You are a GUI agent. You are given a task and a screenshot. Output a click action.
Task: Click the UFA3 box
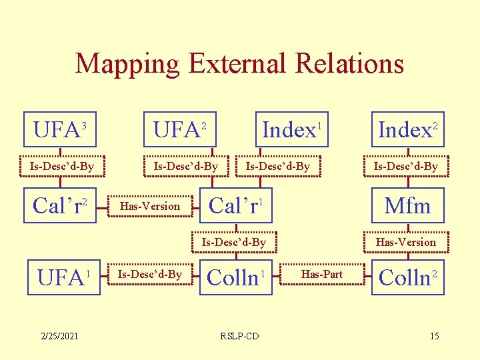point(61,129)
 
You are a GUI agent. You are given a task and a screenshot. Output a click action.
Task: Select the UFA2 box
point(181,129)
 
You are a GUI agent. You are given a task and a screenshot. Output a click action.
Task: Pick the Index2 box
point(407,129)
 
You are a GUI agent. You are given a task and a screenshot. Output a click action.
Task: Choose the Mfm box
point(407,206)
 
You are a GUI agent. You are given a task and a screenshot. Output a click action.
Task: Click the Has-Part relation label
point(322,275)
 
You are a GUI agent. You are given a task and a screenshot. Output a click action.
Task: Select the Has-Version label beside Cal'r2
point(149,207)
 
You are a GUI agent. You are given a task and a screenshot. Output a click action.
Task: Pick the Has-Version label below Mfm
point(405,242)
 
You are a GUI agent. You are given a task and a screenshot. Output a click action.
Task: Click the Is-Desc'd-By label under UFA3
point(61,166)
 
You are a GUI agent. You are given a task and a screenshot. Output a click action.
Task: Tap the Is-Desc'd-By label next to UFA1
point(149,275)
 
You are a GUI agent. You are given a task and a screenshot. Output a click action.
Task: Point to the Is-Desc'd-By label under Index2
point(405,166)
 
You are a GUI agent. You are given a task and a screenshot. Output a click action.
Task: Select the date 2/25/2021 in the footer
point(59,335)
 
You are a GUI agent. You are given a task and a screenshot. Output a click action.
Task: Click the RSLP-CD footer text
point(239,335)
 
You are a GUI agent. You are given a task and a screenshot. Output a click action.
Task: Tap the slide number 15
point(434,335)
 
